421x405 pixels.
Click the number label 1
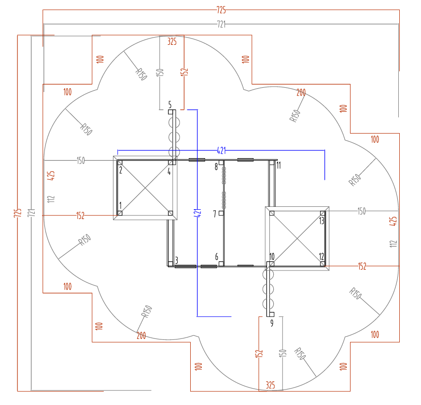120,205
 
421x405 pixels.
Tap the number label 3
177,260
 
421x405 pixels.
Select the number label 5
169,104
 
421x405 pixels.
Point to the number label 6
216,256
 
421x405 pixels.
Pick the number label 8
216,167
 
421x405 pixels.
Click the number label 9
271,323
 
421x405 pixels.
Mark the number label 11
279,166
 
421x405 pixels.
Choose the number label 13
322,220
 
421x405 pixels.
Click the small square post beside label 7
221,213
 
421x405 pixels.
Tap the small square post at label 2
120,163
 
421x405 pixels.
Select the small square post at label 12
322,263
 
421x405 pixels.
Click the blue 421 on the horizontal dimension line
221,150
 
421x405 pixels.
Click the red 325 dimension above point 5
172,41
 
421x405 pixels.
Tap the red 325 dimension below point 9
270,385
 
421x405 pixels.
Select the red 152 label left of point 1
80,216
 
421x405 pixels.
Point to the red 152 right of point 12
362,266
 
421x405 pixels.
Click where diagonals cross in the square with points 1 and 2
145,188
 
